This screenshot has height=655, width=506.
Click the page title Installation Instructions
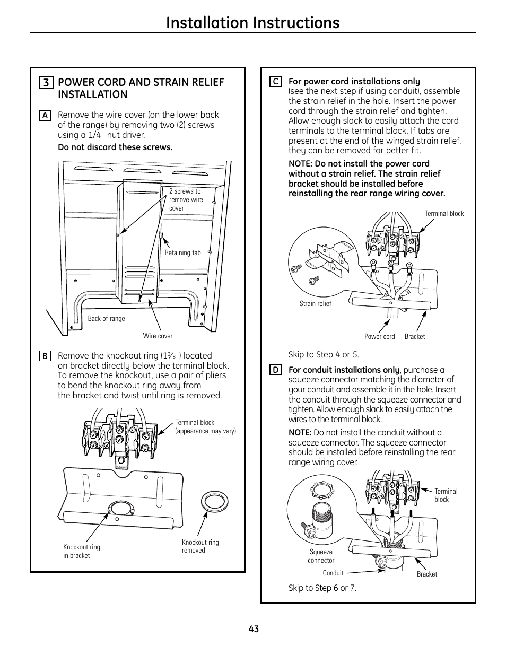(x=252, y=22)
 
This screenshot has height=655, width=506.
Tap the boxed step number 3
(x=46, y=83)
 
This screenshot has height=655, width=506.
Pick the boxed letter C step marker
(x=275, y=82)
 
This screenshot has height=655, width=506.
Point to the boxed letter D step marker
(x=275, y=370)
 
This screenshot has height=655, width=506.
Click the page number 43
(x=253, y=629)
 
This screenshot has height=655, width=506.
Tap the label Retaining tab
(x=182, y=253)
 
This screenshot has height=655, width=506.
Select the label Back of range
(x=106, y=319)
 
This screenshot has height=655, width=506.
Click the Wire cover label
(x=158, y=336)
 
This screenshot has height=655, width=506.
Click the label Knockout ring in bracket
(x=81, y=552)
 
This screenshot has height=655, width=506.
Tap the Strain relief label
(x=315, y=304)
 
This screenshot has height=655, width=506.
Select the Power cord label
(x=379, y=337)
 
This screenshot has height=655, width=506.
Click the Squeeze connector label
(x=321, y=556)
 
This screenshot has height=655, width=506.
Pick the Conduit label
(x=333, y=573)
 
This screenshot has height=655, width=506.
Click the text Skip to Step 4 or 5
(x=324, y=355)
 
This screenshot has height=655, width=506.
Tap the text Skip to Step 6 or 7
(x=322, y=588)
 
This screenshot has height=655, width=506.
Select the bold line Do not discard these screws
(x=115, y=147)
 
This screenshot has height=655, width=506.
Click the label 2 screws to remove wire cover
(x=186, y=200)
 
